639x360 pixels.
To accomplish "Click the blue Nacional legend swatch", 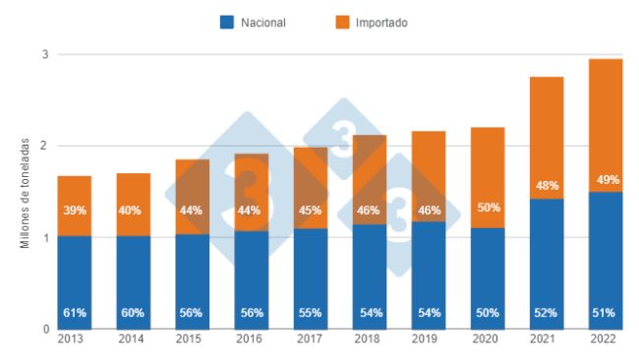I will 226,22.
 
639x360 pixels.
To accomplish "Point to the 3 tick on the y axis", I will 45,55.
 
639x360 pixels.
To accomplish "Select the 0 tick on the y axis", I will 45,330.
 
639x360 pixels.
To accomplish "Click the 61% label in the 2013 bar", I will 73,313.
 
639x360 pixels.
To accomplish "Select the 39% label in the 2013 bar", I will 73,210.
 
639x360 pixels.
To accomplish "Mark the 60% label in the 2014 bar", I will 132,313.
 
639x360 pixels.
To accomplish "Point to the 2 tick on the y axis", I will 45,146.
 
